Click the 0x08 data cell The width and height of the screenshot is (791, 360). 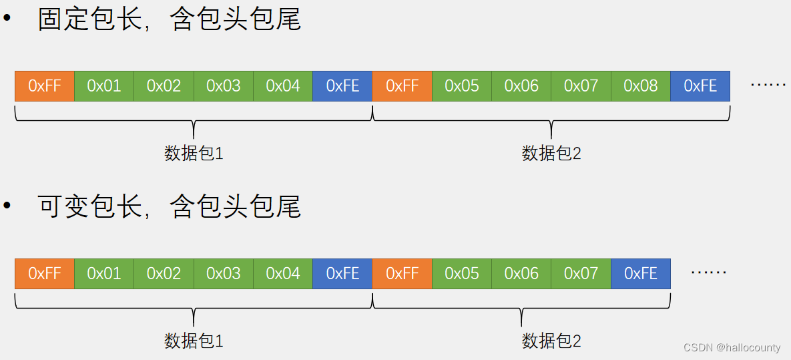coord(640,86)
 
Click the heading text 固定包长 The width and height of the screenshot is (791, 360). coord(90,19)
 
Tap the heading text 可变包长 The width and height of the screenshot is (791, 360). coord(90,206)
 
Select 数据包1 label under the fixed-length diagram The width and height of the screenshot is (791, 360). coord(194,154)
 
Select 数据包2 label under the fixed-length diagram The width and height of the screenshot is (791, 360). coord(551,154)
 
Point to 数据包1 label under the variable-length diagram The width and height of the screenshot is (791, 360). coord(194,341)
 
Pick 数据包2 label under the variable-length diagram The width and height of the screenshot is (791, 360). coord(551,341)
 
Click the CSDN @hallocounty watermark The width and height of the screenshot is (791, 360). coord(732,347)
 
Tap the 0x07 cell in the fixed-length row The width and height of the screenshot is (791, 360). coord(581,86)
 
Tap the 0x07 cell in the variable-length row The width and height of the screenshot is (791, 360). coord(581,274)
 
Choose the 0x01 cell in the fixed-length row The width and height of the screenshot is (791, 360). coord(104,86)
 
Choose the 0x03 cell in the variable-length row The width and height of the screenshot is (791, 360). coord(223,274)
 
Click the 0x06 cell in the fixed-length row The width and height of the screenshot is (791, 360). coord(521,86)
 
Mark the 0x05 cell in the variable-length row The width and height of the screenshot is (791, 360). coord(462,274)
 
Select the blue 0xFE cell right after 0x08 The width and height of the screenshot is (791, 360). coord(700,86)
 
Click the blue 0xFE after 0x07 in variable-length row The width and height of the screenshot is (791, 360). coord(641,274)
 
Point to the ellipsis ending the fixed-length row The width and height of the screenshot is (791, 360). coord(768,85)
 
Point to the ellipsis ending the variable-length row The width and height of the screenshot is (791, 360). coord(709,273)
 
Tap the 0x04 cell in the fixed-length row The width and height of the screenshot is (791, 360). coord(283,86)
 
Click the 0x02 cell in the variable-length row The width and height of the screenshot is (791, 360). coord(164,274)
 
